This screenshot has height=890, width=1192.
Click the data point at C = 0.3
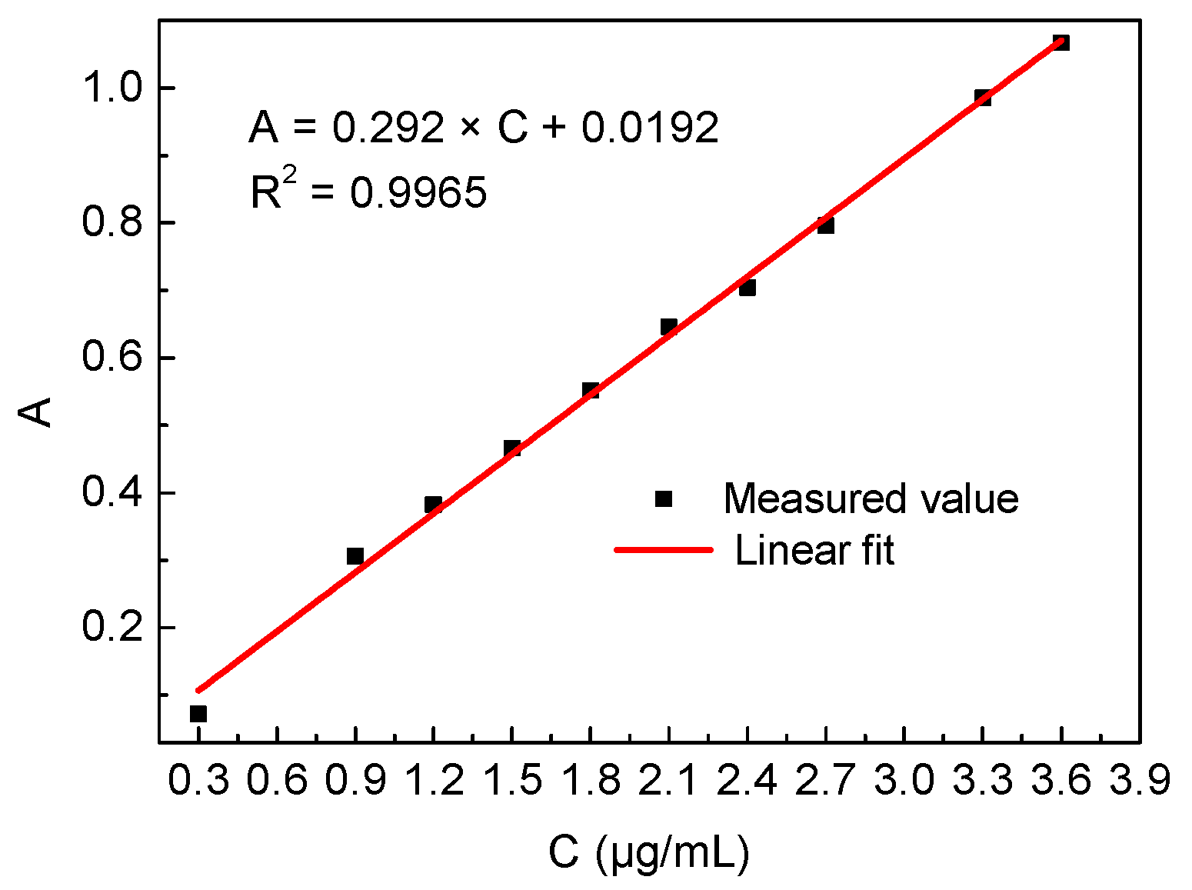coord(198,714)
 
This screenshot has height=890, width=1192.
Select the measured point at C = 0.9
coord(355,556)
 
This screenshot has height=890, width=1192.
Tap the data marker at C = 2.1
coord(668,327)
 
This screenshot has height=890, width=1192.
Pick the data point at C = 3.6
coord(1061,43)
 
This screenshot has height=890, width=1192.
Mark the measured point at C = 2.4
coord(747,288)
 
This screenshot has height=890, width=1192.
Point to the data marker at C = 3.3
coord(983,98)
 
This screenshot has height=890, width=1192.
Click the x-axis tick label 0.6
coord(277,781)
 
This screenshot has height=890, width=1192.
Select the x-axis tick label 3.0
coord(904,781)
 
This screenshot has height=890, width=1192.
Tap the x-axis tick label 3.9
coord(1140,781)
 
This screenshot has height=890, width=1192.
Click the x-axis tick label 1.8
coord(591,781)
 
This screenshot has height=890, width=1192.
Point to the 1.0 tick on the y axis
coord(113,88)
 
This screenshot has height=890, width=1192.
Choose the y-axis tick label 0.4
coord(113,492)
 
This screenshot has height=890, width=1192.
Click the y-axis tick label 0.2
coord(113,627)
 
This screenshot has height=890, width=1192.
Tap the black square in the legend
coord(664,499)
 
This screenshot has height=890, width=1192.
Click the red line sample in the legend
coord(664,550)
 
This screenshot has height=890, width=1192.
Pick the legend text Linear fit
coord(814,551)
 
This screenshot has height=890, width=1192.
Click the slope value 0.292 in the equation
coord(388,127)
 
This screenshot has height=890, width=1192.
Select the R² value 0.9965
coord(418,192)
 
